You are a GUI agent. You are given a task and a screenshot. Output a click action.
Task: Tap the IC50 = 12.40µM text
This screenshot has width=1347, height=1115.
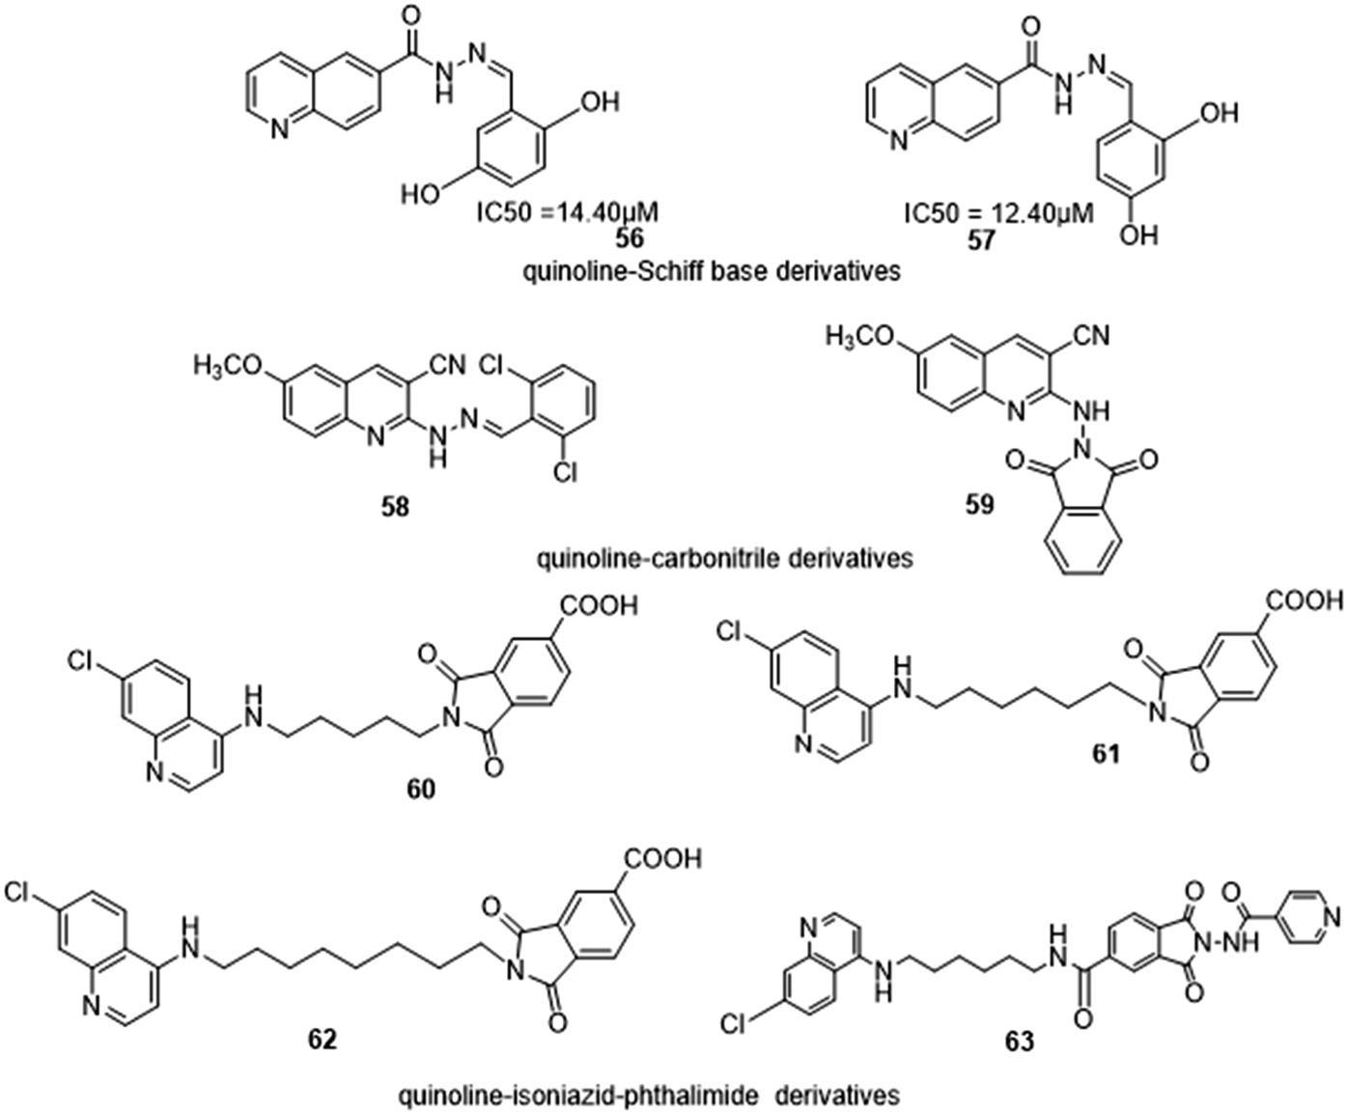pyautogui.click(x=998, y=212)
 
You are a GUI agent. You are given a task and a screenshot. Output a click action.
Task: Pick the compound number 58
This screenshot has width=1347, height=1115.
pyautogui.click(x=395, y=506)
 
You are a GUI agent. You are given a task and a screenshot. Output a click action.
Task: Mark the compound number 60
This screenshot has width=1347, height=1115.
pyautogui.click(x=421, y=790)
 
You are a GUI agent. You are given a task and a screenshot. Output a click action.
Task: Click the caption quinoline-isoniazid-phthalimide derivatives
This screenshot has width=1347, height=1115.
pyautogui.click(x=648, y=1096)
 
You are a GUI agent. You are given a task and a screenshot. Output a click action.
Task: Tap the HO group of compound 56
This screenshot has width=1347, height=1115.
pyautogui.click(x=420, y=194)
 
